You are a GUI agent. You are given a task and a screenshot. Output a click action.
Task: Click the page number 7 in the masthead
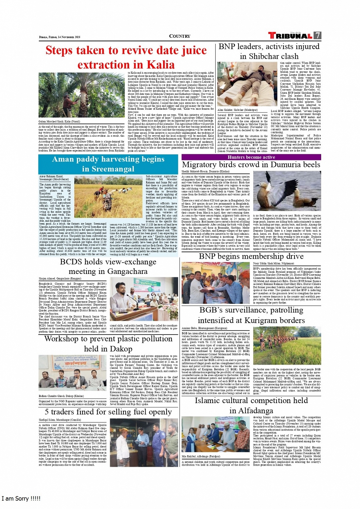click(317, 35)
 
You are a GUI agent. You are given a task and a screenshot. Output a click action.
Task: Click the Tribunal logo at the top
click(290, 35)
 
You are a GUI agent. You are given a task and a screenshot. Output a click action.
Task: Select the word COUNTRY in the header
click(179, 36)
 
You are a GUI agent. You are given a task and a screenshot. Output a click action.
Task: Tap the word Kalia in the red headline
click(160, 65)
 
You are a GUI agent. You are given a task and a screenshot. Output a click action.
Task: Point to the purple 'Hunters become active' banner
click(251, 157)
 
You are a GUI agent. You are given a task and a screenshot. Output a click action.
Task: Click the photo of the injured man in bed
click(242, 84)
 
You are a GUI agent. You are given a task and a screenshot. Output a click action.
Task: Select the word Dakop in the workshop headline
click(119, 349)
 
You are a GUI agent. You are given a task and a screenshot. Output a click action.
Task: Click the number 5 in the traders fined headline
click(47, 412)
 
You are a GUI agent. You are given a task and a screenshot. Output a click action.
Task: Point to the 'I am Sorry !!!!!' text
click(21, 498)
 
